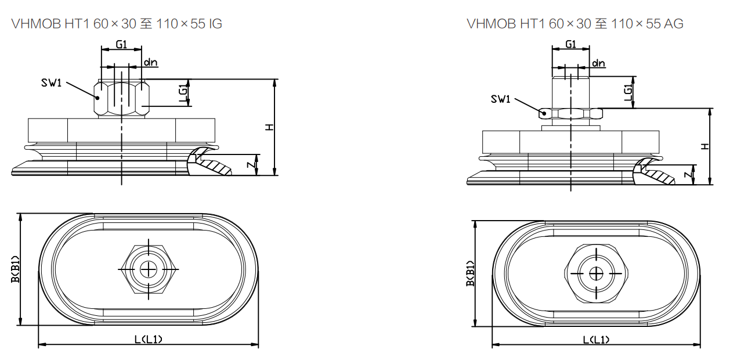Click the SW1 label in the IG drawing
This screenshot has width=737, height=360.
pos(51,82)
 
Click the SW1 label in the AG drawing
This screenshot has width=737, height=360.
pos(500,99)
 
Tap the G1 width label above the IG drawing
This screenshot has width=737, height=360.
pos(121,45)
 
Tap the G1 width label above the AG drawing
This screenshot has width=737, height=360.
pos(570,45)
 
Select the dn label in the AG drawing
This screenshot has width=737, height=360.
pos(598,63)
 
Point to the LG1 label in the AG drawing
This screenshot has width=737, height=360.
pos(628,93)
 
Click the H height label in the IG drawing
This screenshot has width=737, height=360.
pos(269,127)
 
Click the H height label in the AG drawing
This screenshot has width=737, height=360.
pos(705,146)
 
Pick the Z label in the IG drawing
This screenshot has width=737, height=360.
pos(250,165)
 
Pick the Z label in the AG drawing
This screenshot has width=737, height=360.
pos(687,175)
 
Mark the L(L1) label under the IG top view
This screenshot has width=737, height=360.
pos(149,339)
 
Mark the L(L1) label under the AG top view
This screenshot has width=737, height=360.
pos(597,340)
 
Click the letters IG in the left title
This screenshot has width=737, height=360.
pos(215,24)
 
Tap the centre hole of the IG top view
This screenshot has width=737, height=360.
pos(149,269)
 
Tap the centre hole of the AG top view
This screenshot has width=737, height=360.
pos(596,273)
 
